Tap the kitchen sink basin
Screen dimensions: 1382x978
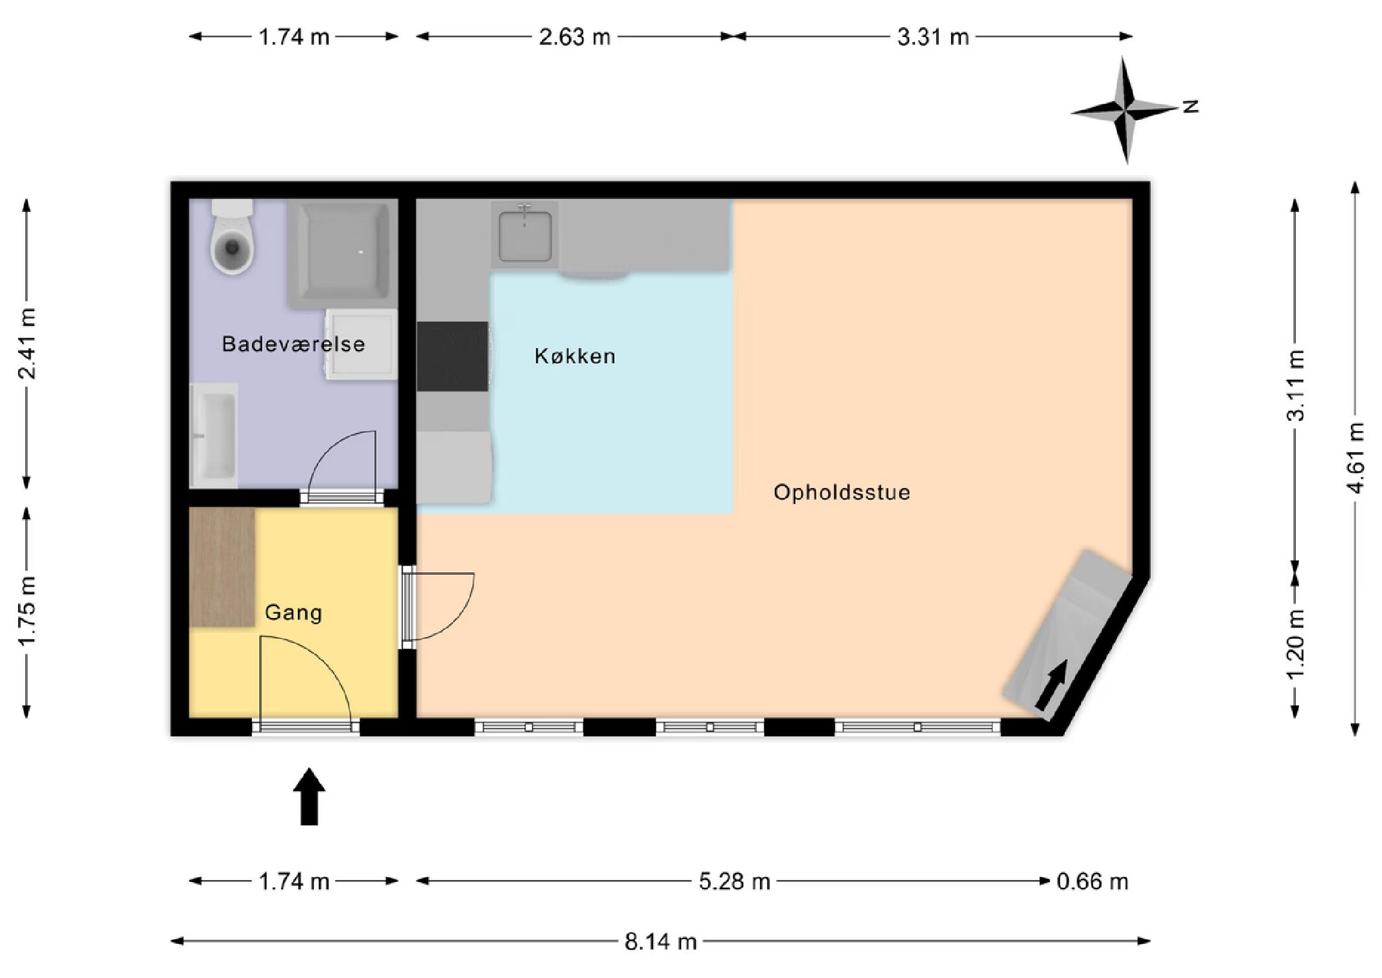(525, 235)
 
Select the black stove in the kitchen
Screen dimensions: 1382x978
(452, 356)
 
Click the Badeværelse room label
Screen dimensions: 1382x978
(294, 343)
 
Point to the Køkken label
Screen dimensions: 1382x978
(575, 356)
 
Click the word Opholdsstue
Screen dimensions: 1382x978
(842, 493)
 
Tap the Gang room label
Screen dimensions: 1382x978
(294, 612)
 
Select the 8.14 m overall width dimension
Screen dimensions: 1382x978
(661, 941)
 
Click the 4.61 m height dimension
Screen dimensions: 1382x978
(1355, 458)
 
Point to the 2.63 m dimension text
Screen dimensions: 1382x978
(575, 37)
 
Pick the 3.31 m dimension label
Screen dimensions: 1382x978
(933, 37)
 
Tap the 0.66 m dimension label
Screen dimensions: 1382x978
(1092, 881)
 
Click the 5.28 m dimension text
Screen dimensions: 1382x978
(735, 881)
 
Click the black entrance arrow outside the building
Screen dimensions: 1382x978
(309, 797)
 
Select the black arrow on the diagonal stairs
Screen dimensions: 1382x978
(1051, 686)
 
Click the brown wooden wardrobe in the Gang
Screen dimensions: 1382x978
(222, 567)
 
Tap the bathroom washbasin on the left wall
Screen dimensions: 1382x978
(214, 436)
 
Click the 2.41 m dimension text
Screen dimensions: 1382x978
(27, 343)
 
